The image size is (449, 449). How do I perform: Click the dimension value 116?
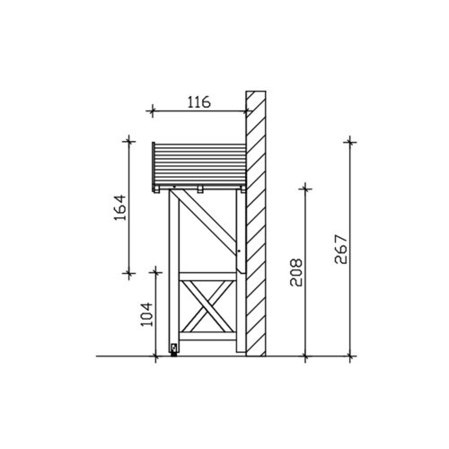(199, 102)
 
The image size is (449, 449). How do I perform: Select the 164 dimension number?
(120, 207)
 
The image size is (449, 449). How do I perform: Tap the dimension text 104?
(146, 314)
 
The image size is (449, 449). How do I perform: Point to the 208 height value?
(296, 272)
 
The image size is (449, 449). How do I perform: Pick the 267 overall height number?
(341, 250)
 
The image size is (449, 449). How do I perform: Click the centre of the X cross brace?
(207, 306)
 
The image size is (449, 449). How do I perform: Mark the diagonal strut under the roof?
(207, 222)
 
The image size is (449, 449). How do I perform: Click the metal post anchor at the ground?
(173, 349)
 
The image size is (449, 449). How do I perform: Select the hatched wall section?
(256, 224)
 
